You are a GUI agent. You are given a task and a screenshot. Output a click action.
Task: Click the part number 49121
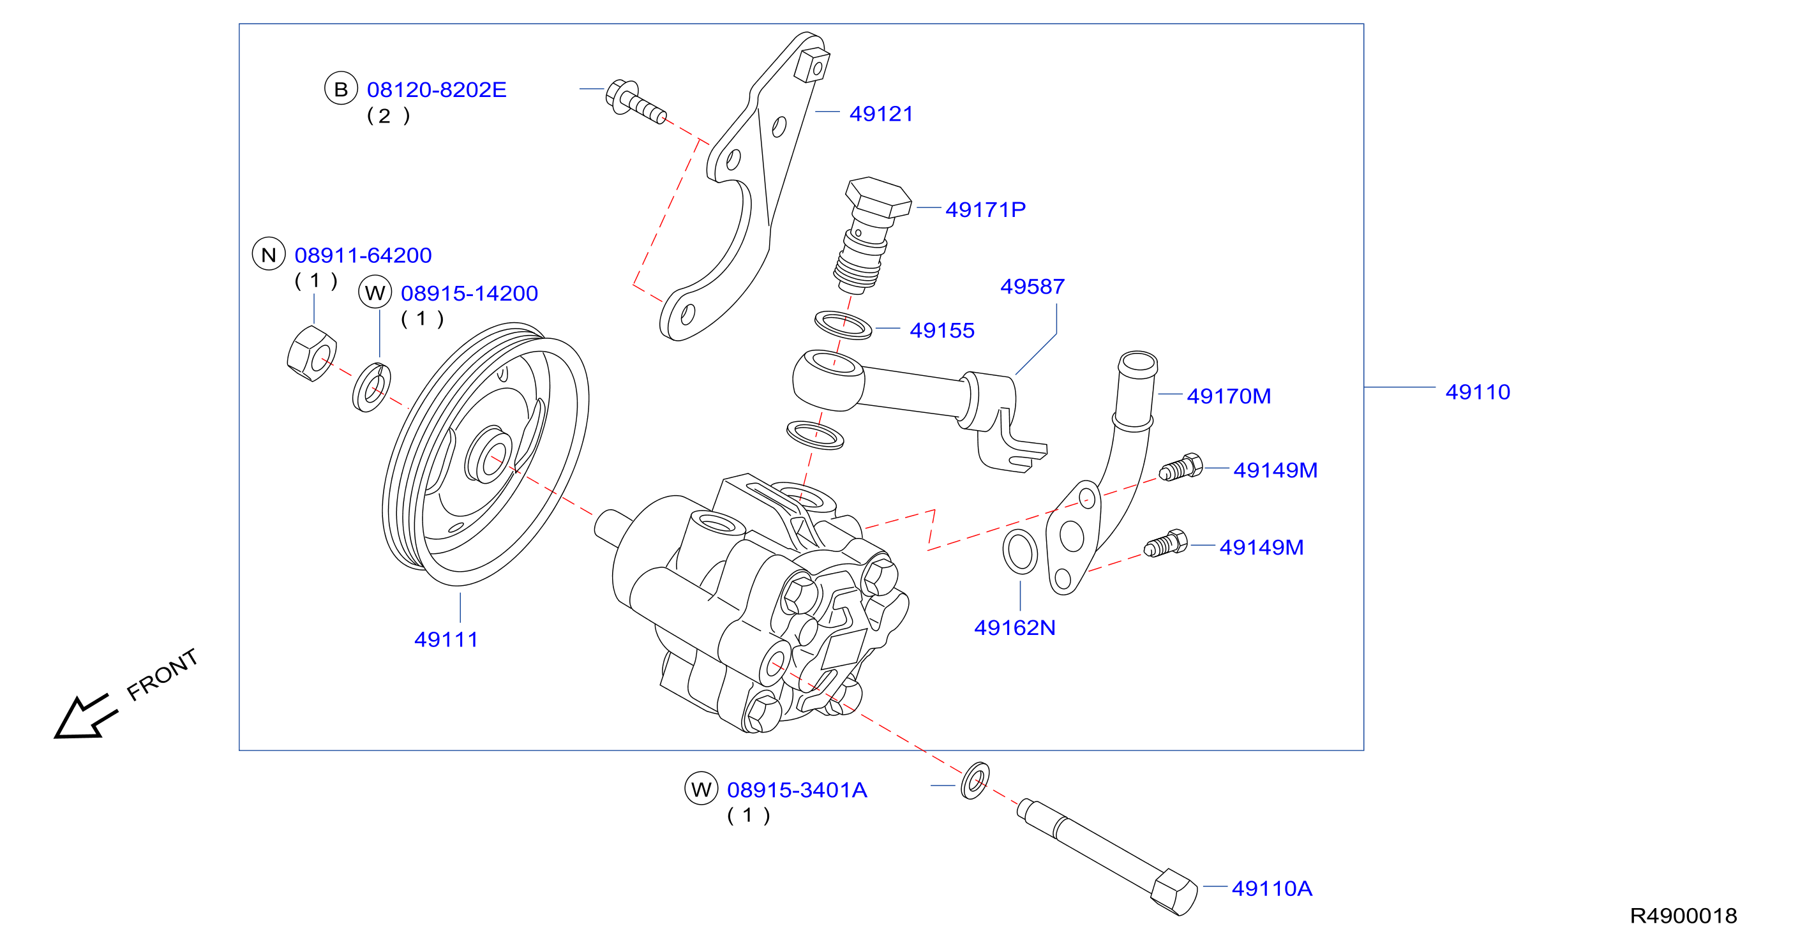click(881, 114)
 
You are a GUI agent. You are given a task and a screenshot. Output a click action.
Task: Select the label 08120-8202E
click(437, 90)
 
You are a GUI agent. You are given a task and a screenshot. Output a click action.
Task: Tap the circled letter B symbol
click(341, 89)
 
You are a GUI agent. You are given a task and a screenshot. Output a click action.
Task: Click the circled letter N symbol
click(269, 254)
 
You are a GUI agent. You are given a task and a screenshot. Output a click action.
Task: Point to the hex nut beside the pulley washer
click(311, 354)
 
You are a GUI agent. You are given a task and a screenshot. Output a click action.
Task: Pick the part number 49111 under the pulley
click(446, 640)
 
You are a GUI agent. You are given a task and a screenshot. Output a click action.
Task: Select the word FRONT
click(163, 674)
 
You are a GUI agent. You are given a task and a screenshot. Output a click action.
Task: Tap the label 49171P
click(986, 209)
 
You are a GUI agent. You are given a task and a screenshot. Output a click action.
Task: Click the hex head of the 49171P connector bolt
click(878, 197)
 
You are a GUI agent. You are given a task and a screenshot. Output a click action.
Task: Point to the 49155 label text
click(942, 331)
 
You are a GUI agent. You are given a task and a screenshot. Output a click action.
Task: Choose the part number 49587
click(1033, 286)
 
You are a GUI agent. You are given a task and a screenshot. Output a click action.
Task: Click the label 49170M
click(1229, 396)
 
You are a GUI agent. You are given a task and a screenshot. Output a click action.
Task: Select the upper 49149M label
click(1275, 470)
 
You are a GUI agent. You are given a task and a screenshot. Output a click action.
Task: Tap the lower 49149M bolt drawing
click(1166, 544)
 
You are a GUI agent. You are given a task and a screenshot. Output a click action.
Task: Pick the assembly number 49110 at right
click(1478, 392)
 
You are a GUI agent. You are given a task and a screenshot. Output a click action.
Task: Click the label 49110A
click(1271, 889)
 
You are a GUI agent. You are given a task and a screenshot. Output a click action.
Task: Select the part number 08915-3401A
click(797, 790)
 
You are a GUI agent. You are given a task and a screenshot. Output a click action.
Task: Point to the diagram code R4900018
click(1684, 916)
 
